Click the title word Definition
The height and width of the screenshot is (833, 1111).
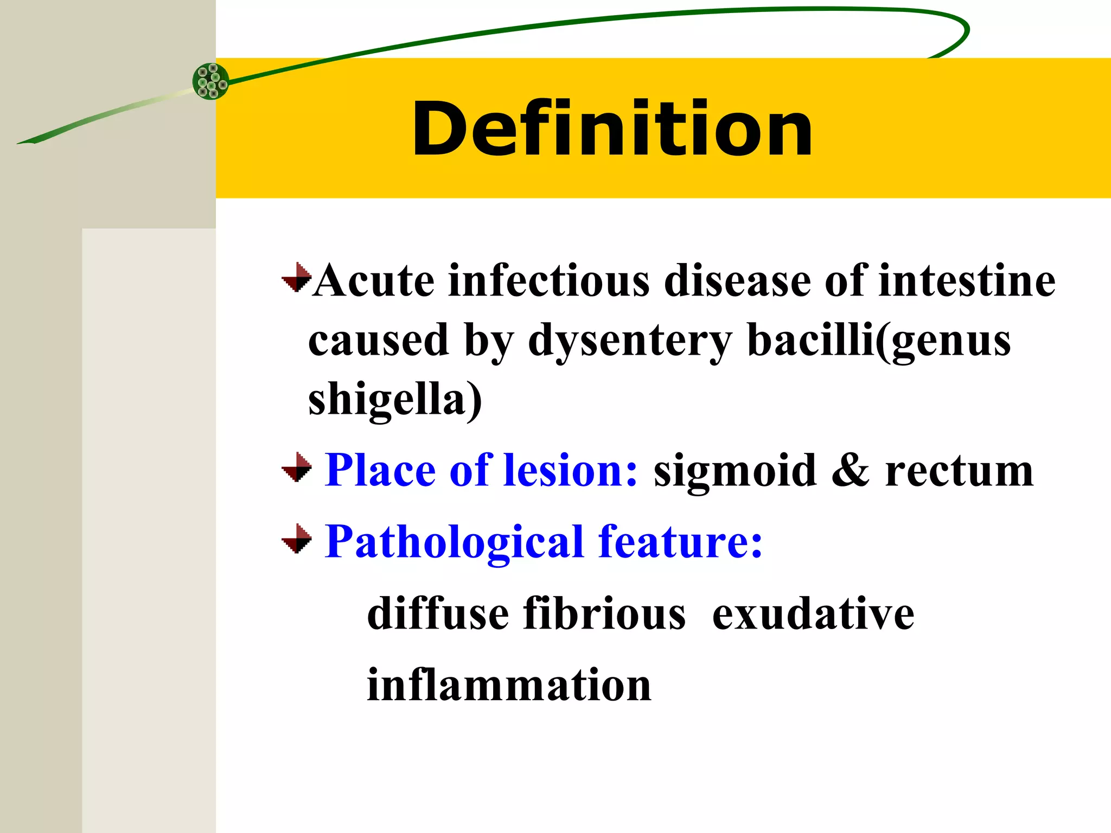pyautogui.click(x=612, y=129)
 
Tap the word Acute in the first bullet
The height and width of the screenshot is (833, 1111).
pyautogui.click(x=374, y=281)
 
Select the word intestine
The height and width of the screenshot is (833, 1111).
pyautogui.click(x=967, y=281)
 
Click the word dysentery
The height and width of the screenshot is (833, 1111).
pyautogui.click(x=630, y=341)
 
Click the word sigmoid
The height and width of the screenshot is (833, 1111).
pyautogui.click(x=735, y=471)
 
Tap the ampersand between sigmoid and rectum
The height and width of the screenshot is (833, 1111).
pyautogui.click(x=850, y=471)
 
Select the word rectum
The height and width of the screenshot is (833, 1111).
pyautogui.click(x=959, y=471)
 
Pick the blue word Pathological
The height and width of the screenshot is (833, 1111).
pyautogui.click(x=454, y=542)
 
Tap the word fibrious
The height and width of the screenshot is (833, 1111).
pyautogui.click(x=604, y=614)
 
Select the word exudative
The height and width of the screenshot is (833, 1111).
pyautogui.click(x=813, y=614)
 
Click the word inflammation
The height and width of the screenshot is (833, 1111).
pyautogui.click(x=509, y=685)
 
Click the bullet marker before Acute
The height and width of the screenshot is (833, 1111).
pyautogui.click(x=297, y=278)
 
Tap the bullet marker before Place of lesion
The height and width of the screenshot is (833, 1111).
pyautogui.click(x=297, y=467)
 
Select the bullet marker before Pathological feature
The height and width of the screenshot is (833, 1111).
pyautogui.click(x=297, y=539)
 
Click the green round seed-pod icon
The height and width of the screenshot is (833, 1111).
pyautogui.click(x=211, y=81)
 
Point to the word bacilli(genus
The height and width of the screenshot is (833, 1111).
pyautogui.click(x=879, y=341)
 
